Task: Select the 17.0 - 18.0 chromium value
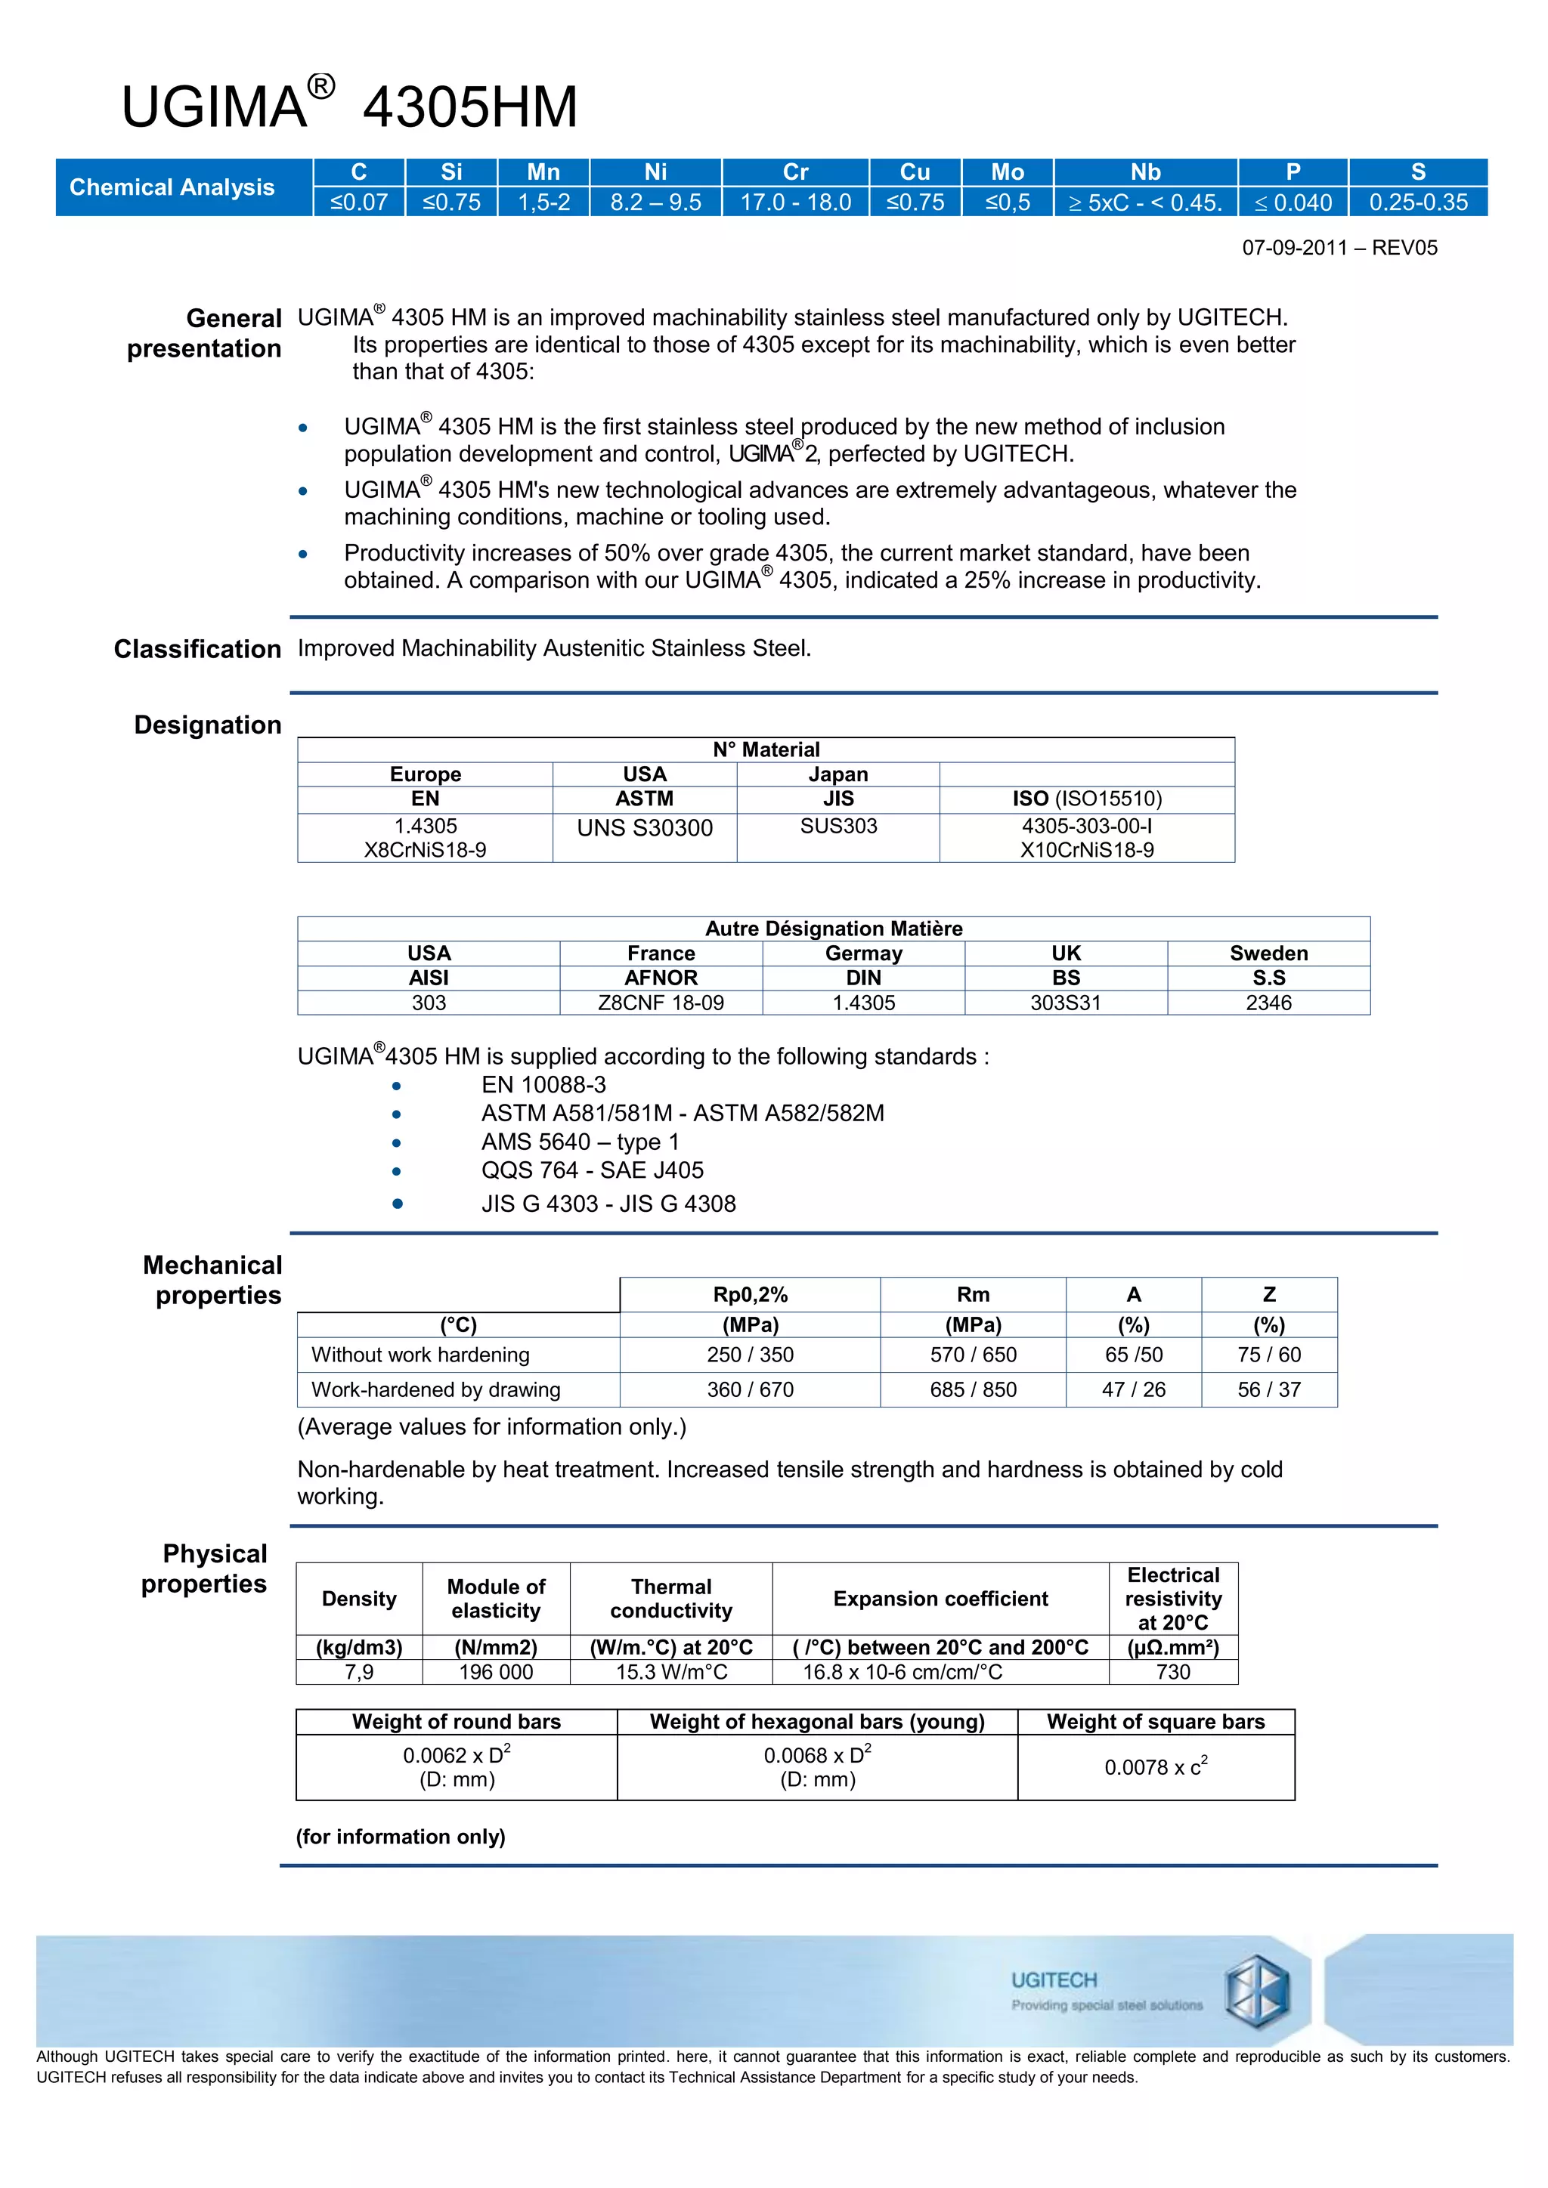[795, 202]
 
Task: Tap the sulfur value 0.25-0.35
[1417, 202]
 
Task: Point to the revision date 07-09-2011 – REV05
[1339, 248]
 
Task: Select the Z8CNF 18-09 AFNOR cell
[661, 1003]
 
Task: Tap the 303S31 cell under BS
[1065, 1003]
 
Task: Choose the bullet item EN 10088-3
[543, 1084]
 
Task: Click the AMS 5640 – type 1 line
[580, 1142]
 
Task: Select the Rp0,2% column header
[750, 1294]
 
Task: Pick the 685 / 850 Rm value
[972, 1389]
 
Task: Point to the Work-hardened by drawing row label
[435, 1389]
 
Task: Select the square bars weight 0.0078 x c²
[1155, 1766]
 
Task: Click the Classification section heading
[197, 649]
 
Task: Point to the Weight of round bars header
[456, 1721]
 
